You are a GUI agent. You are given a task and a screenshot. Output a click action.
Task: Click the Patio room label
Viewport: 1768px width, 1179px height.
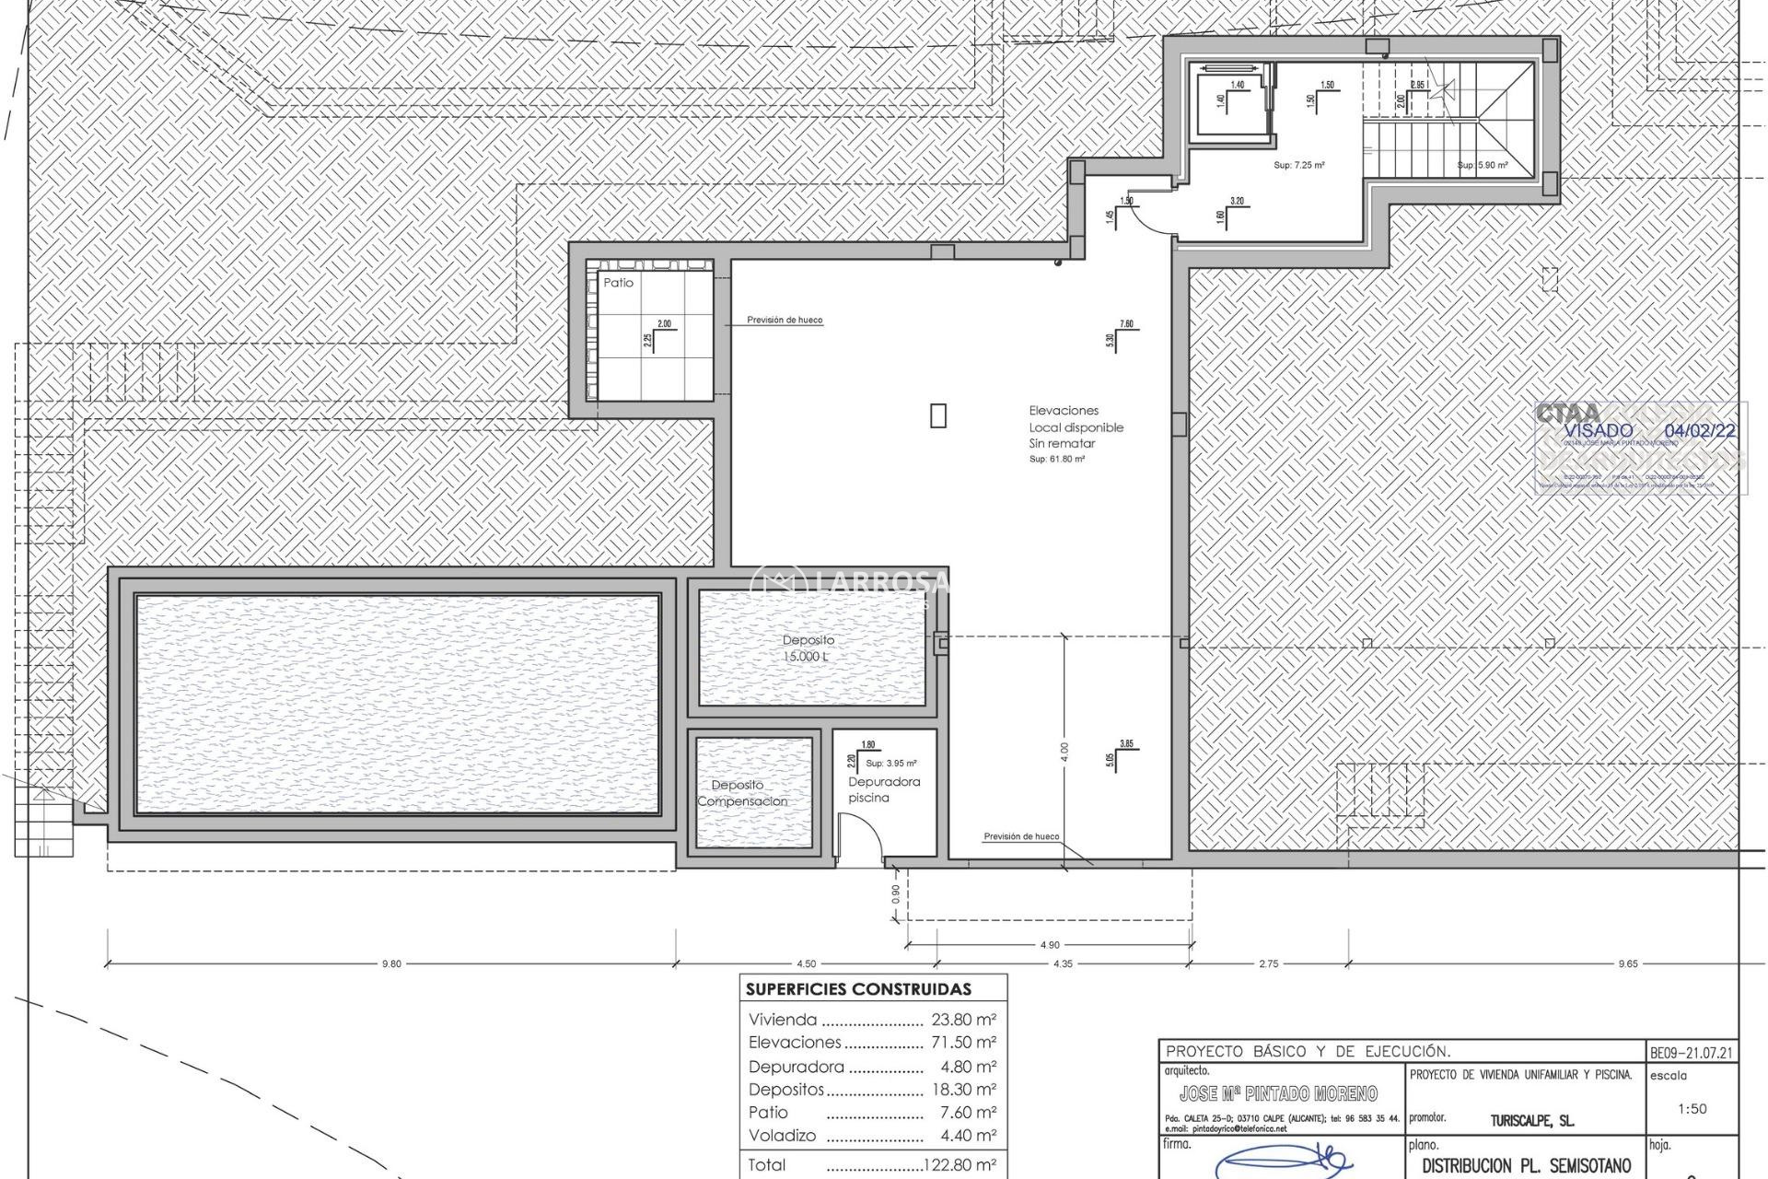point(618,283)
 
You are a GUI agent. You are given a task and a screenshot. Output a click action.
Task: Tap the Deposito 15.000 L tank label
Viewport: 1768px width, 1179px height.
point(808,648)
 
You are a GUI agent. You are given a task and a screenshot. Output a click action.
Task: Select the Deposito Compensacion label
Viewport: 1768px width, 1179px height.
point(741,793)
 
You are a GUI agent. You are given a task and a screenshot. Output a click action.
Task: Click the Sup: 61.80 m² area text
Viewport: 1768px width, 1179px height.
point(1056,459)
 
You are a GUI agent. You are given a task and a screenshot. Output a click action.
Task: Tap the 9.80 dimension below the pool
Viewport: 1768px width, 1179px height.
point(391,963)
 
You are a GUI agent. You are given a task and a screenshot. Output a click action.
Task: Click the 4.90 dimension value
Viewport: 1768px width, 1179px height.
point(1049,944)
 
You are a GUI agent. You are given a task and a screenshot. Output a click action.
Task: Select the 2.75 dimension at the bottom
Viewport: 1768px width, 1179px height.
point(1268,963)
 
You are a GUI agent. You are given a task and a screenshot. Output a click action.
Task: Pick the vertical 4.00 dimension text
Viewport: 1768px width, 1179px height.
point(1064,752)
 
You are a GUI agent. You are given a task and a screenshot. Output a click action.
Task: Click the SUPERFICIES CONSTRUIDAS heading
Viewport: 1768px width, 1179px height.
point(857,990)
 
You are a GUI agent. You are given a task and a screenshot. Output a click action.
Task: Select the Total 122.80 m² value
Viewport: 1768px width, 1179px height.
point(960,1165)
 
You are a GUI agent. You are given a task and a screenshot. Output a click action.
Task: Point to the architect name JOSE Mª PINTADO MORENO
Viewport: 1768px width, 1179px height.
point(1278,1093)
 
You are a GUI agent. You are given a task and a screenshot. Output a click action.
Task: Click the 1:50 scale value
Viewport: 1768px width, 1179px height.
point(1692,1109)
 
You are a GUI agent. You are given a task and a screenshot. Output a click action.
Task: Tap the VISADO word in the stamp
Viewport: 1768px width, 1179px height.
point(1598,430)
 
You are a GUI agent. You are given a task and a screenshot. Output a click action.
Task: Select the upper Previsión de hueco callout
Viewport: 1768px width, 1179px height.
point(785,320)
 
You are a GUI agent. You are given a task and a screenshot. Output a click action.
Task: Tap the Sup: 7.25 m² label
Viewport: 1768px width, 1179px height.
point(1298,165)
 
